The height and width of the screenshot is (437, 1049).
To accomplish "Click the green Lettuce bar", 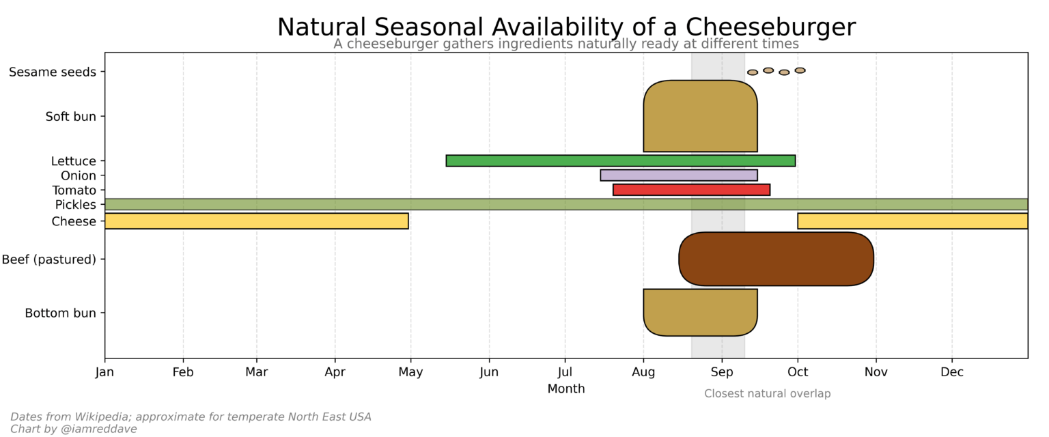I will pos(620,160).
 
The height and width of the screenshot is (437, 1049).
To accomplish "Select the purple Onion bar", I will pos(678,175).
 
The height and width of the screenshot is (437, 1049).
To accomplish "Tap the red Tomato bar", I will pos(691,190).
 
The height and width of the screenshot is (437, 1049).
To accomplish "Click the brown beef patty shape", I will pos(776,259).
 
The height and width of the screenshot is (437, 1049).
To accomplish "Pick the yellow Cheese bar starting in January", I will pos(256,221).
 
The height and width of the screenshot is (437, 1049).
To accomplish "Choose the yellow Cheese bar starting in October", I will pos(912,221).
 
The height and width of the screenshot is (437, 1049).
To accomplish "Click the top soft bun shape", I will pos(700,116).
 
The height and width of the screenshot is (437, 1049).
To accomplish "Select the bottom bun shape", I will pos(700,312).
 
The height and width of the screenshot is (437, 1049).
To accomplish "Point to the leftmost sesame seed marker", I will pos(752,72).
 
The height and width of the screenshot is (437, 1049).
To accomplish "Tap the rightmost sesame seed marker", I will pos(800,70).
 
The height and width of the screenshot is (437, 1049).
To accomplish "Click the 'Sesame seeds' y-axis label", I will pos(53,72).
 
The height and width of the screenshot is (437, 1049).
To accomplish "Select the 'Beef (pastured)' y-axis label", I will pos(49,259).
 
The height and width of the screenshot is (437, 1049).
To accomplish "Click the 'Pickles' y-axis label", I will pos(76,205).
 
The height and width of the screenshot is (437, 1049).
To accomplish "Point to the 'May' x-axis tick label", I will pos(410,372).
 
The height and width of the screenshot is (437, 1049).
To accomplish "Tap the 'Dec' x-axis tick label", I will pos(952,372).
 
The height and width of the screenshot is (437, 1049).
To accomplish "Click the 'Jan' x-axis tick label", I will pos(104,372).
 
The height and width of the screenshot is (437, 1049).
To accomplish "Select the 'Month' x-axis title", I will pos(565,389).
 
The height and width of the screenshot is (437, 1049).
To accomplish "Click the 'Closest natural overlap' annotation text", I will pos(767,394).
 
